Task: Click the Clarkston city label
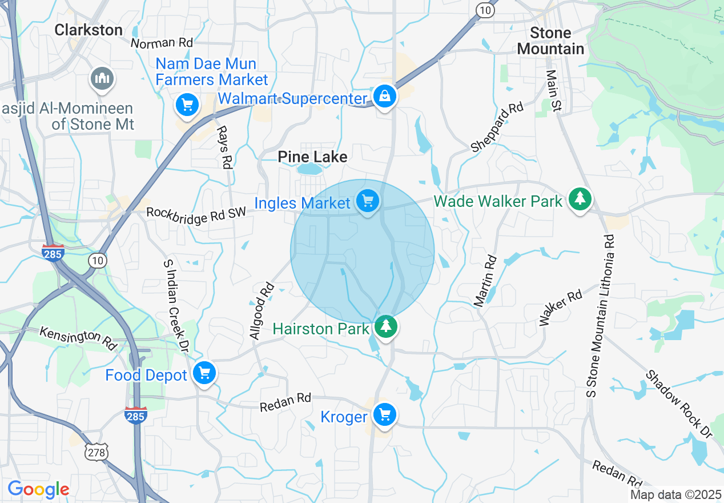(89, 30)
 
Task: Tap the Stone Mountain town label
(550, 41)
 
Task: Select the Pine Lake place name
(312, 157)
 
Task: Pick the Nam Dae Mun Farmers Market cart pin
(187, 105)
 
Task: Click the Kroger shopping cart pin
(385, 414)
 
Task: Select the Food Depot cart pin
(204, 373)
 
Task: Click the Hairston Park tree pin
(386, 326)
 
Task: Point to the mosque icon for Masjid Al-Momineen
(102, 78)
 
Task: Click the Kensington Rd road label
(78, 338)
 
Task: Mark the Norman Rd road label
(162, 43)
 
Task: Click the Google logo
(38, 489)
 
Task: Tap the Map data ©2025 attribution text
(675, 494)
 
